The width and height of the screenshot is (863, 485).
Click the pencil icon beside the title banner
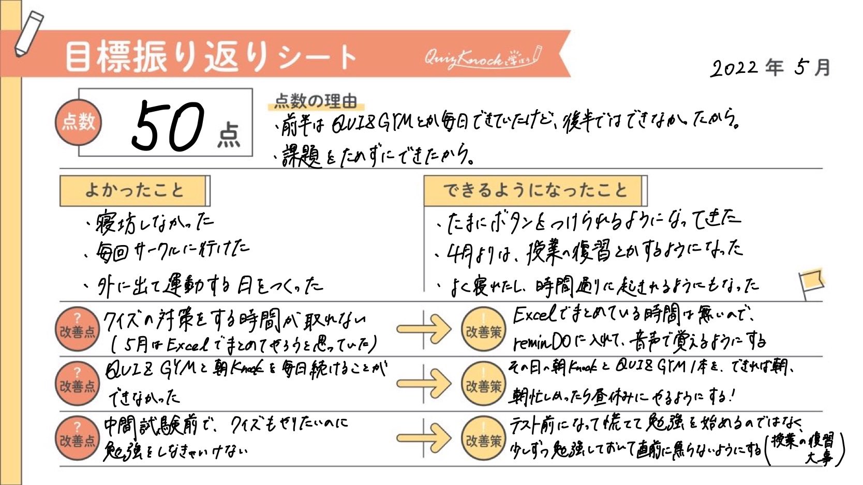click(28, 33)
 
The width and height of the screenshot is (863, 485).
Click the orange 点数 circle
click(78, 122)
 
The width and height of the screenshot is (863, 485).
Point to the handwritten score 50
click(168, 126)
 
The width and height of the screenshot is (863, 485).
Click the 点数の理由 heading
click(315, 101)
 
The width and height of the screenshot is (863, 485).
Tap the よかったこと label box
click(134, 190)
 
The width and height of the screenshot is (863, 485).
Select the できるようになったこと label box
click(534, 190)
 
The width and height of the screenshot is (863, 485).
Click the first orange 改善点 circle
click(77, 330)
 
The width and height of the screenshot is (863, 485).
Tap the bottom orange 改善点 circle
click(77, 439)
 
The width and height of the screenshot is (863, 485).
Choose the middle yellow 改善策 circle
click(483, 385)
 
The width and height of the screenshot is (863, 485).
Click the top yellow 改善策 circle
click(483, 330)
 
